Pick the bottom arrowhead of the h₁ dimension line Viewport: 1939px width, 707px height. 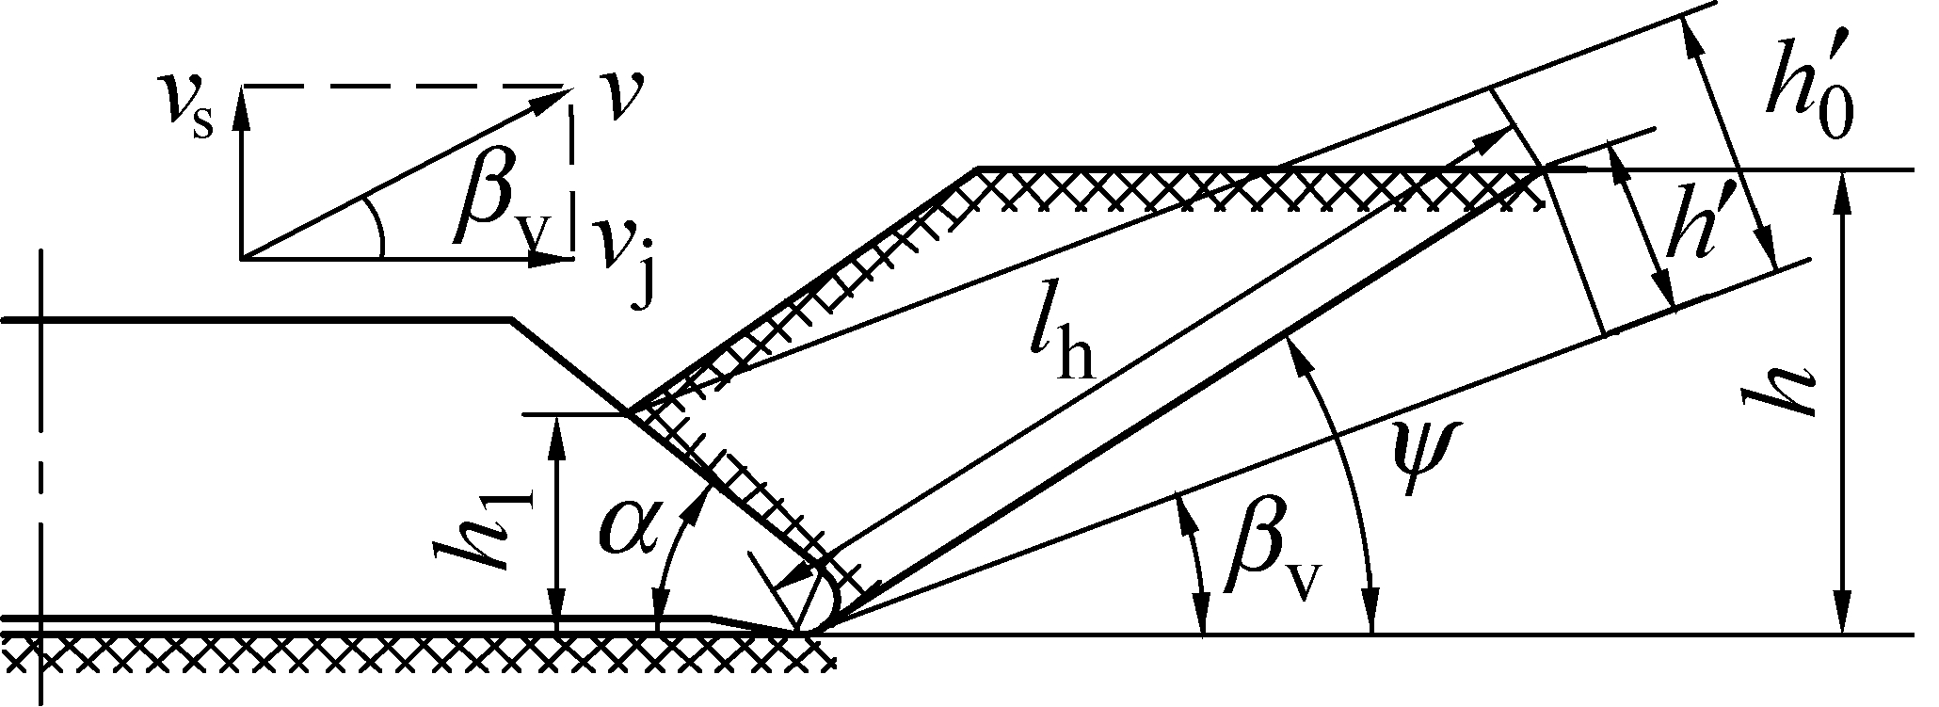coord(559,617)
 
